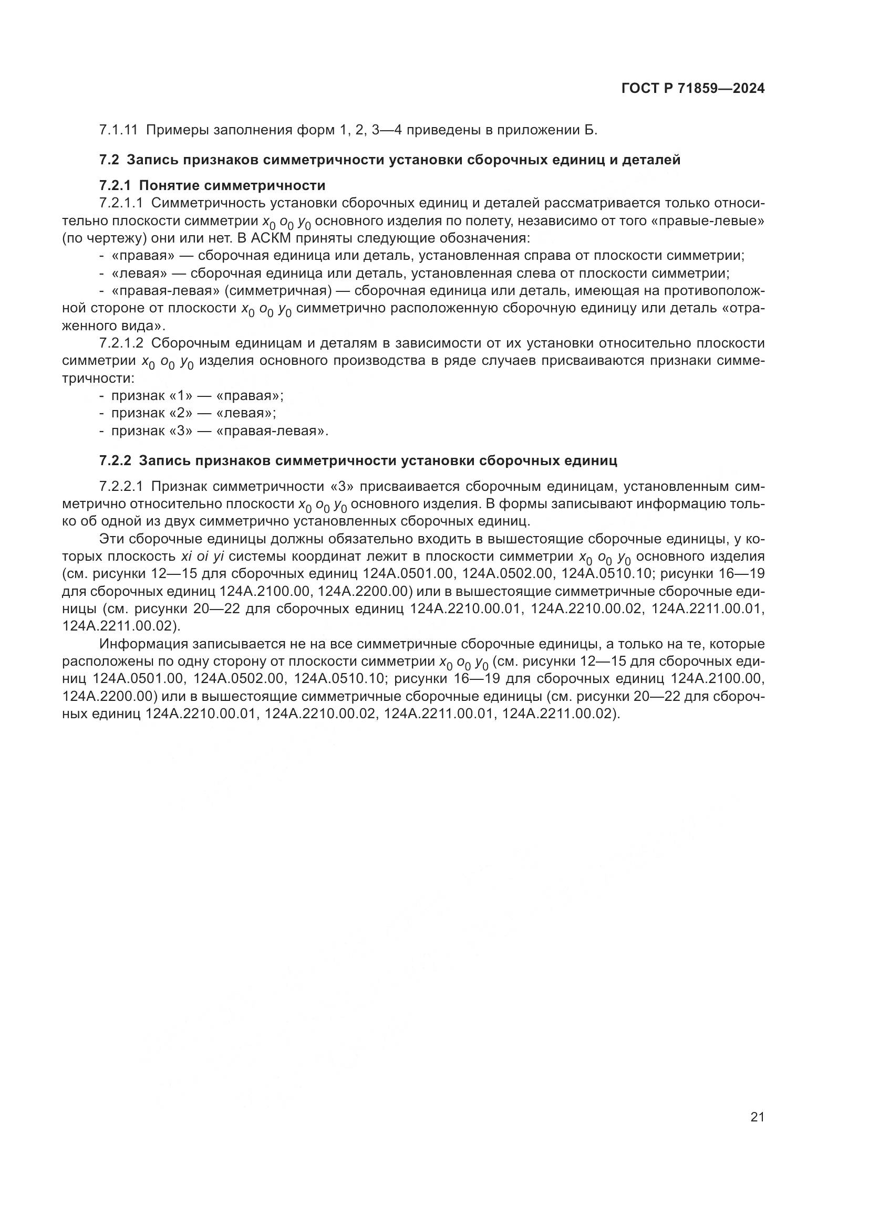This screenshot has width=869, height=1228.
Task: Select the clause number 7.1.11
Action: click(118, 130)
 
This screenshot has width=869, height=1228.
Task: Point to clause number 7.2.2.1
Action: click(121, 487)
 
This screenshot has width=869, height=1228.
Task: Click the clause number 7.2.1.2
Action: click(121, 343)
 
